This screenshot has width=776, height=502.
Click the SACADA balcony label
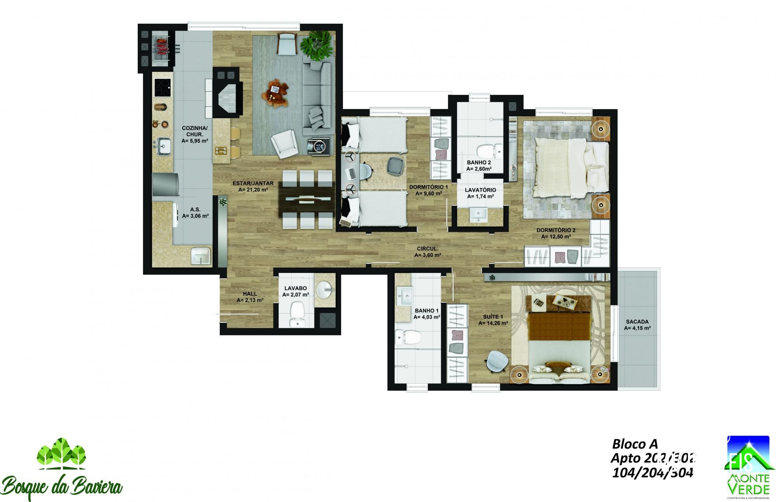(x=637, y=322)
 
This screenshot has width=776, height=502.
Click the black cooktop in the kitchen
(x=163, y=88)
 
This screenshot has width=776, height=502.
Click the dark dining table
(x=307, y=200)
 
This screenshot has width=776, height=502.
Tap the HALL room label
(x=250, y=294)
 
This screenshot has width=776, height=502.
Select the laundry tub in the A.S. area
(x=201, y=256)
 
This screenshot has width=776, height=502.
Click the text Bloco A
(x=634, y=443)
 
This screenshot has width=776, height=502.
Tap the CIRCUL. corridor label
(x=428, y=248)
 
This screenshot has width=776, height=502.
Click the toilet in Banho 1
(x=407, y=337)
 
